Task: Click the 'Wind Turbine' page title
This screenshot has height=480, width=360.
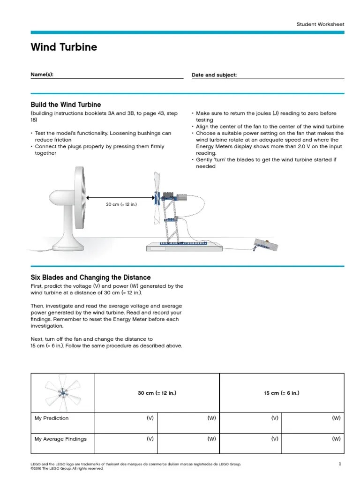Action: click(64, 47)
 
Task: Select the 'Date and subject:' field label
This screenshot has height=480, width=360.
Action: click(214, 75)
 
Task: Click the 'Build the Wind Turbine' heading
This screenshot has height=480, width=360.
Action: click(66, 105)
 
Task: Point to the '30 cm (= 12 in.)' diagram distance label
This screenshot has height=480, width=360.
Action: click(122, 205)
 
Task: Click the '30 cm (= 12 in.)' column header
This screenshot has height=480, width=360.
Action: click(157, 393)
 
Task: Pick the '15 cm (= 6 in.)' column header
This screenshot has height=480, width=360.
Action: click(281, 393)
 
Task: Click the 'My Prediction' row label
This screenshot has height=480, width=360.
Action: click(52, 418)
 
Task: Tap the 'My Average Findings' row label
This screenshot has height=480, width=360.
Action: click(60, 439)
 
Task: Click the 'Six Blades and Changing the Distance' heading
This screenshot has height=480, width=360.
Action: click(90, 277)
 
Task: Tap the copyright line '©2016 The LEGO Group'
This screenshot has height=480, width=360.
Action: click(67, 468)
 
